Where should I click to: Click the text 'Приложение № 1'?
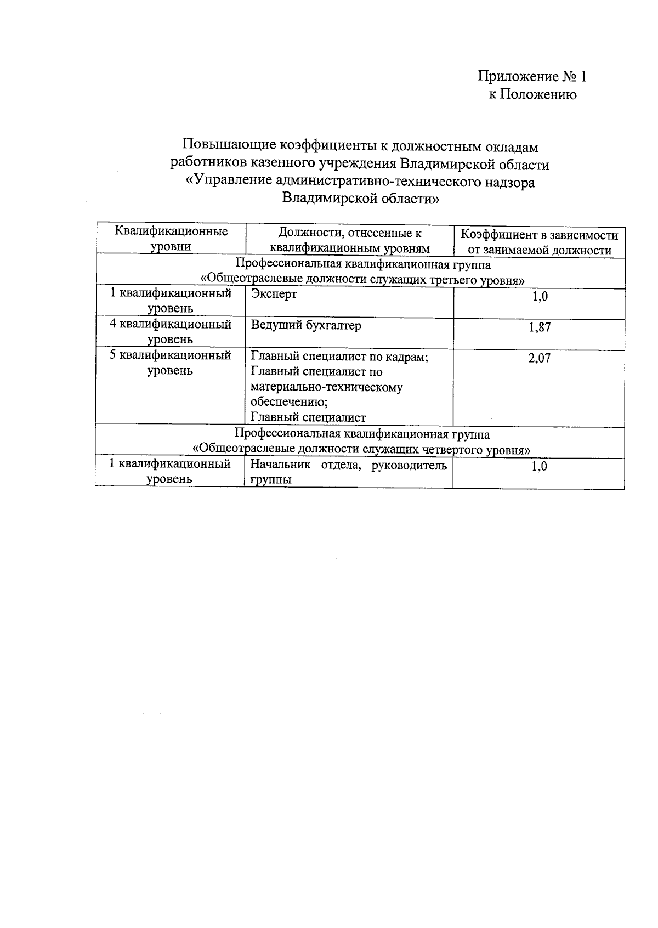[x=532, y=76]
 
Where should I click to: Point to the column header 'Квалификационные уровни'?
[x=171, y=239]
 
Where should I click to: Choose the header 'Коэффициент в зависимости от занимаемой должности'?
[x=539, y=242]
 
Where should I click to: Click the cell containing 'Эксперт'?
[x=274, y=294]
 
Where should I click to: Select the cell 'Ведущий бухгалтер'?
[x=306, y=325]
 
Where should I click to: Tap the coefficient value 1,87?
[x=539, y=327]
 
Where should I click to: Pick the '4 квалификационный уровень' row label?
[x=171, y=332]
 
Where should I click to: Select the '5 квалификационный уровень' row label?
[x=171, y=363]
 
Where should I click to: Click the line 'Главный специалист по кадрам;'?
[x=339, y=357]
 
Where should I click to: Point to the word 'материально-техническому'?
[x=327, y=387]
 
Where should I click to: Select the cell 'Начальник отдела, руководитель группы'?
[x=348, y=472]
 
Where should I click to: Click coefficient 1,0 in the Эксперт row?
[x=539, y=297]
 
